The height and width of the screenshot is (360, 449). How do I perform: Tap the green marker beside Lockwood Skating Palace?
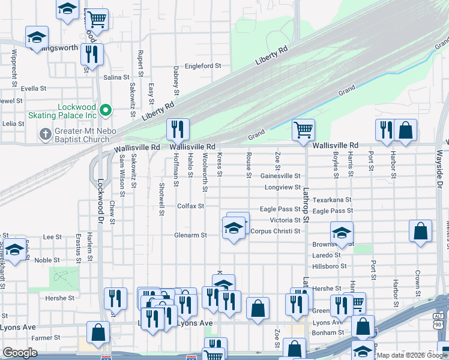tap(106, 110)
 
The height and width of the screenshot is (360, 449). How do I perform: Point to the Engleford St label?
tap(203, 66)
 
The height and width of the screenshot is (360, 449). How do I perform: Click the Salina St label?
tap(116, 77)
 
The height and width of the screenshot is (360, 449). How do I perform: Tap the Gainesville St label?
tap(280, 176)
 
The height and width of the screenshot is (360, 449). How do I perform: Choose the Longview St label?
tap(282, 187)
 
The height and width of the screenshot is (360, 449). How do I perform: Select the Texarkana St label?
tap(332, 199)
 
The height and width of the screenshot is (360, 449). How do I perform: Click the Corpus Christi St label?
tap(275, 231)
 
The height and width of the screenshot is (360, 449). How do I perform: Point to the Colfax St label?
tap(191, 206)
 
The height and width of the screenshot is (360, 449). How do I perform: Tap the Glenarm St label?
tap(190, 235)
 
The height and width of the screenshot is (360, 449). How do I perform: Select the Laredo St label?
tap(327, 255)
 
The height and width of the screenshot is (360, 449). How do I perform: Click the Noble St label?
tap(47, 260)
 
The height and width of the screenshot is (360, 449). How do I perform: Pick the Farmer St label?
tap(42, 338)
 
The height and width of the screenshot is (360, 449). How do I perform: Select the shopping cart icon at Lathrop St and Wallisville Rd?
tap(304, 130)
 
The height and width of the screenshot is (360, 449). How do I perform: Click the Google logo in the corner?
tap(20, 353)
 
